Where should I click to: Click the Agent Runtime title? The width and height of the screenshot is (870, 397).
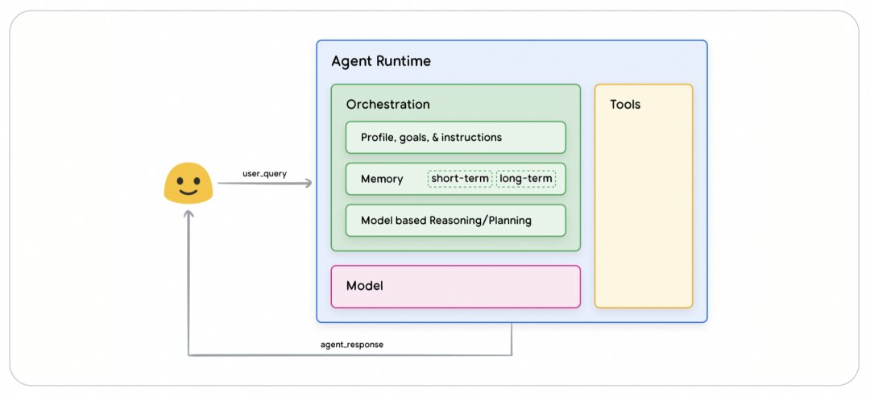pyautogui.click(x=380, y=61)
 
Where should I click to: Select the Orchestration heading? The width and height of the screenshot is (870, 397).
pyautogui.click(x=387, y=104)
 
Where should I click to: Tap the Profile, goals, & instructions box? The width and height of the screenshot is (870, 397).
pyautogui.click(x=455, y=137)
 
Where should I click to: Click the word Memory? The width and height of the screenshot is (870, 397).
pyautogui.click(x=382, y=179)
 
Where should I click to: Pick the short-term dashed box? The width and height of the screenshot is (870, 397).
pyautogui.click(x=460, y=179)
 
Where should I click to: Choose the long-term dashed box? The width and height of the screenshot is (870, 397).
pyautogui.click(x=526, y=179)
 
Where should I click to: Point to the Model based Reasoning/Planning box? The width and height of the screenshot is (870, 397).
pyautogui.click(x=455, y=220)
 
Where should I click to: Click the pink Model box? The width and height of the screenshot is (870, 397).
pyautogui.click(x=455, y=287)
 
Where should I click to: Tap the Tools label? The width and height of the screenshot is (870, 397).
pyautogui.click(x=625, y=104)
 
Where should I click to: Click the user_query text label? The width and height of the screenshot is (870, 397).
pyautogui.click(x=265, y=174)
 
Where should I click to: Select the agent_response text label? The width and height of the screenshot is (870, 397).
pyautogui.click(x=352, y=345)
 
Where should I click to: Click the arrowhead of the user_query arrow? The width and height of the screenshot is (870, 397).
pyautogui.click(x=308, y=183)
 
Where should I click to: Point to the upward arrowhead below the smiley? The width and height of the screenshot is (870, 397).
pyautogui.click(x=188, y=214)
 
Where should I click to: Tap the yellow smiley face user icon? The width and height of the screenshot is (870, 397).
pyautogui.click(x=188, y=183)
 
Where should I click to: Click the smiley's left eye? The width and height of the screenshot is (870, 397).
pyautogui.click(x=180, y=180)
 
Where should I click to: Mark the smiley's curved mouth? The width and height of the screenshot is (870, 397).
pyautogui.click(x=188, y=192)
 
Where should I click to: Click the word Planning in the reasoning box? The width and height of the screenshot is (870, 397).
pyautogui.click(x=510, y=221)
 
